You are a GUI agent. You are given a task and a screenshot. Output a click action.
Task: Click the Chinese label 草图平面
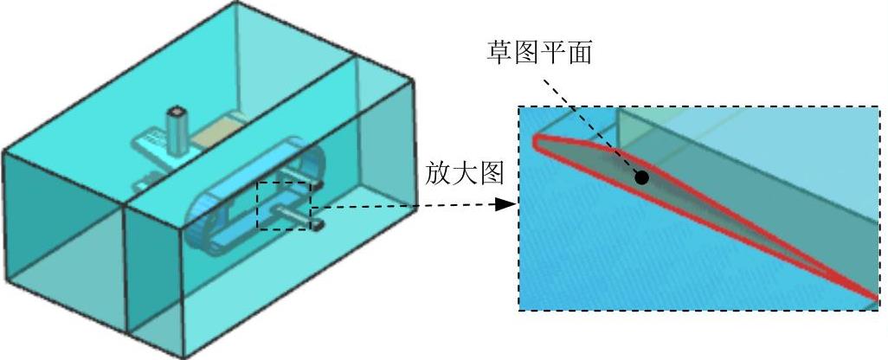click(538, 52)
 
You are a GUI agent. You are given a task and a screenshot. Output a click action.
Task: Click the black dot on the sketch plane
click(641, 177)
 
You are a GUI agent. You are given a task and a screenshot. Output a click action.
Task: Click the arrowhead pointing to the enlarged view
click(505, 205)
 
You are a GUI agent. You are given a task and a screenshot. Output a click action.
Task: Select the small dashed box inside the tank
click(282, 206)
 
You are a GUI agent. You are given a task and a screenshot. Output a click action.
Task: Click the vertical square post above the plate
click(178, 127)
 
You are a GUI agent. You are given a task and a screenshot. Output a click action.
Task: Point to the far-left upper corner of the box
click(3, 153)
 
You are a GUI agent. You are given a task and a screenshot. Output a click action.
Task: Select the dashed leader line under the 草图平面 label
click(589, 121)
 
